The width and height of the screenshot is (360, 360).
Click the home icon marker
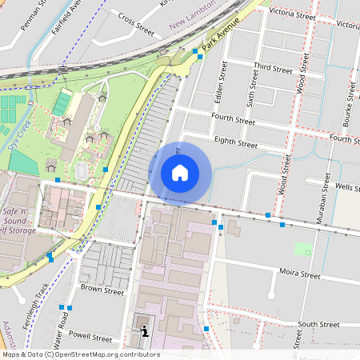tap(180, 172)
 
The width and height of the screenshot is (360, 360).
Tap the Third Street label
tap(273, 69)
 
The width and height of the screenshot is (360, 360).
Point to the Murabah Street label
tap(328, 194)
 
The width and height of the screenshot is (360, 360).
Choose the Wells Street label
tap(347, 186)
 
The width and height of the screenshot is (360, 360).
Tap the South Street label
tap(318, 325)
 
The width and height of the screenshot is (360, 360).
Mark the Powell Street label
tap(90, 338)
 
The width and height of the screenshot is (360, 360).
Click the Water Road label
tap(58, 330)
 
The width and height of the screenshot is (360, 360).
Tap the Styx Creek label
tap(18, 136)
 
